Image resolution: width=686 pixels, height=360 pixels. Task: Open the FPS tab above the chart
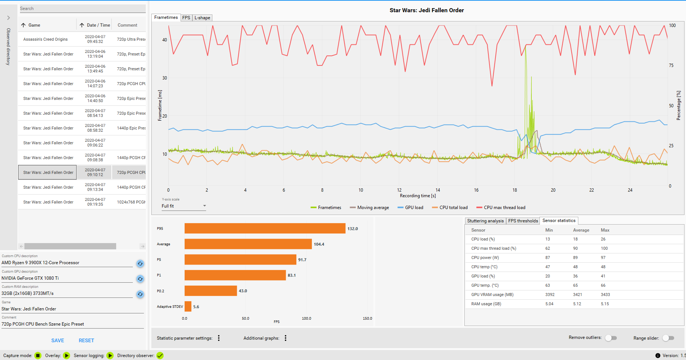(186, 18)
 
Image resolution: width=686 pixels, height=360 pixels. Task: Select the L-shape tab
(202, 18)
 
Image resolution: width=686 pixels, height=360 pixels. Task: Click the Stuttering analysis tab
(485, 221)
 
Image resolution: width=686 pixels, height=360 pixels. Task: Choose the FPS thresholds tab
(523, 221)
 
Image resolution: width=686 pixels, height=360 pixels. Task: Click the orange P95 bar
(265, 229)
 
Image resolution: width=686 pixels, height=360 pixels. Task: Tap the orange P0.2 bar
(211, 291)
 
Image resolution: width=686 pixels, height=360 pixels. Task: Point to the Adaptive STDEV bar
(188, 307)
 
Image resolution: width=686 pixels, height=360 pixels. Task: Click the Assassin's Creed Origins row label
(46, 39)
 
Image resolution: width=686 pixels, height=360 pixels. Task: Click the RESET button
(86, 340)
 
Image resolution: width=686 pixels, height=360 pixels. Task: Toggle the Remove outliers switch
(611, 338)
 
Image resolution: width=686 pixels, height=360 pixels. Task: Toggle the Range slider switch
(668, 338)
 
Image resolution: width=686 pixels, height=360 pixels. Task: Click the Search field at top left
(82, 9)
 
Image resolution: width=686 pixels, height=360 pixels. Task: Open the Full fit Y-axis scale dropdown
(184, 206)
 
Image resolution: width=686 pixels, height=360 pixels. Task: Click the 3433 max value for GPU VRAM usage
(605, 295)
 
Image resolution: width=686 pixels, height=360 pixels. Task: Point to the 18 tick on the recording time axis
(515, 190)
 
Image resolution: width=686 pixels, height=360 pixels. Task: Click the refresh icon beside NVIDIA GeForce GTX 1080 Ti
(140, 279)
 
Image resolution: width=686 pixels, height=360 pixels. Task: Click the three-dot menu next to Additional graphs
(286, 338)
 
